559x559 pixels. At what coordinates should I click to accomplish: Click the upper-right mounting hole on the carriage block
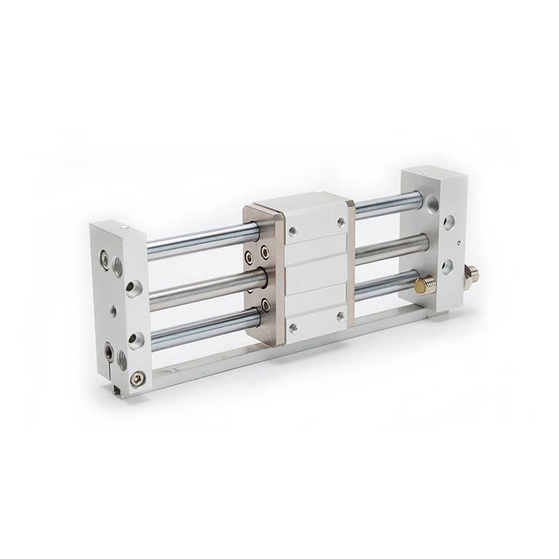pyautogui.click(x=341, y=223)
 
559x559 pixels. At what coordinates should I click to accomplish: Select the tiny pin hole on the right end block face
pyautogui.click(x=458, y=243)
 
